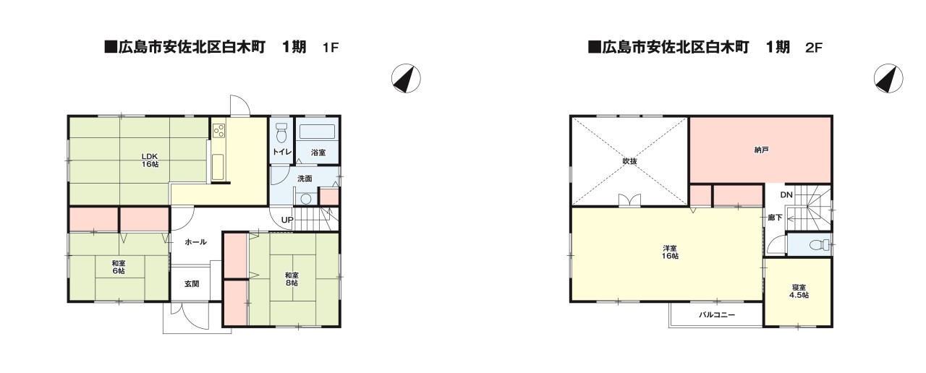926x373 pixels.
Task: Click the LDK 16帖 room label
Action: (x=150, y=160)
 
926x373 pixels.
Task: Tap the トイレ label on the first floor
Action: (x=281, y=153)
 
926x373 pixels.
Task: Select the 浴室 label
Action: (x=318, y=153)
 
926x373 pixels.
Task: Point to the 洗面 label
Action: (x=305, y=178)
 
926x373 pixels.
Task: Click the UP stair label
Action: (x=287, y=219)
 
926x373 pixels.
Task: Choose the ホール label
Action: (x=195, y=241)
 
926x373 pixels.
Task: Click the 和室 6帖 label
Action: (x=118, y=267)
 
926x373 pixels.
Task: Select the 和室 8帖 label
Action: (x=291, y=278)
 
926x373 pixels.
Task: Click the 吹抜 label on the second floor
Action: (x=629, y=161)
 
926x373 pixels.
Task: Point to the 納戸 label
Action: (x=760, y=150)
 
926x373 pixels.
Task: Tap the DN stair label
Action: (x=786, y=195)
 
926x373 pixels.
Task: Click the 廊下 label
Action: (x=775, y=217)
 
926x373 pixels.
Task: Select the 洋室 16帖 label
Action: (x=670, y=252)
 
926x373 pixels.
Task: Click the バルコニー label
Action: (x=716, y=315)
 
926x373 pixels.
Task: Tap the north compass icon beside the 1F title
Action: (x=406, y=78)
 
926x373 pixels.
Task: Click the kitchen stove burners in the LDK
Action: (x=219, y=131)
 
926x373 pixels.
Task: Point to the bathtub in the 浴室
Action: (x=317, y=132)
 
